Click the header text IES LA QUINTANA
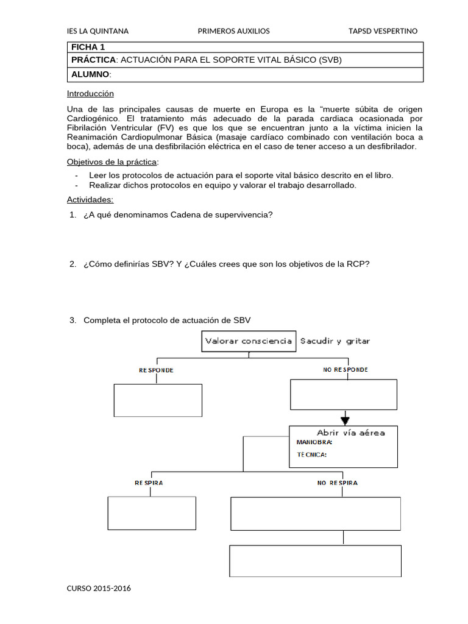pyautogui.click(x=97, y=31)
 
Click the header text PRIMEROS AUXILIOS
pyautogui.click(x=234, y=31)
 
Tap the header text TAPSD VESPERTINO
pyautogui.click(x=383, y=31)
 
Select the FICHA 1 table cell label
pyautogui.click(x=88, y=47)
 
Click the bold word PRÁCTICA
pyautogui.click(x=93, y=60)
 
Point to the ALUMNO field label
pyautogui.click(x=91, y=74)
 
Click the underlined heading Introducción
pyautogui.click(x=90, y=94)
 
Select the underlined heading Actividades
pyautogui.click(x=90, y=200)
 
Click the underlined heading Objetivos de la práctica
pyautogui.click(x=112, y=161)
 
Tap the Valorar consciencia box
pyautogui.click(x=249, y=341)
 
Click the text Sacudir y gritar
pyautogui.click(x=335, y=341)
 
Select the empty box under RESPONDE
pyautogui.click(x=158, y=400)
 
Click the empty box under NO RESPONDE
pyautogui.click(x=344, y=395)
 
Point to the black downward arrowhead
pyautogui.click(x=345, y=420)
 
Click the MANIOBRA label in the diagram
pyautogui.click(x=314, y=442)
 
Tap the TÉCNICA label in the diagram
pyautogui.click(x=311, y=454)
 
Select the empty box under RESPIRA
pyautogui.click(x=152, y=513)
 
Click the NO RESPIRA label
pyautogui.click(x=337, y=483)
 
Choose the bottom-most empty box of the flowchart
pyautogui.click(x=315, y=561)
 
